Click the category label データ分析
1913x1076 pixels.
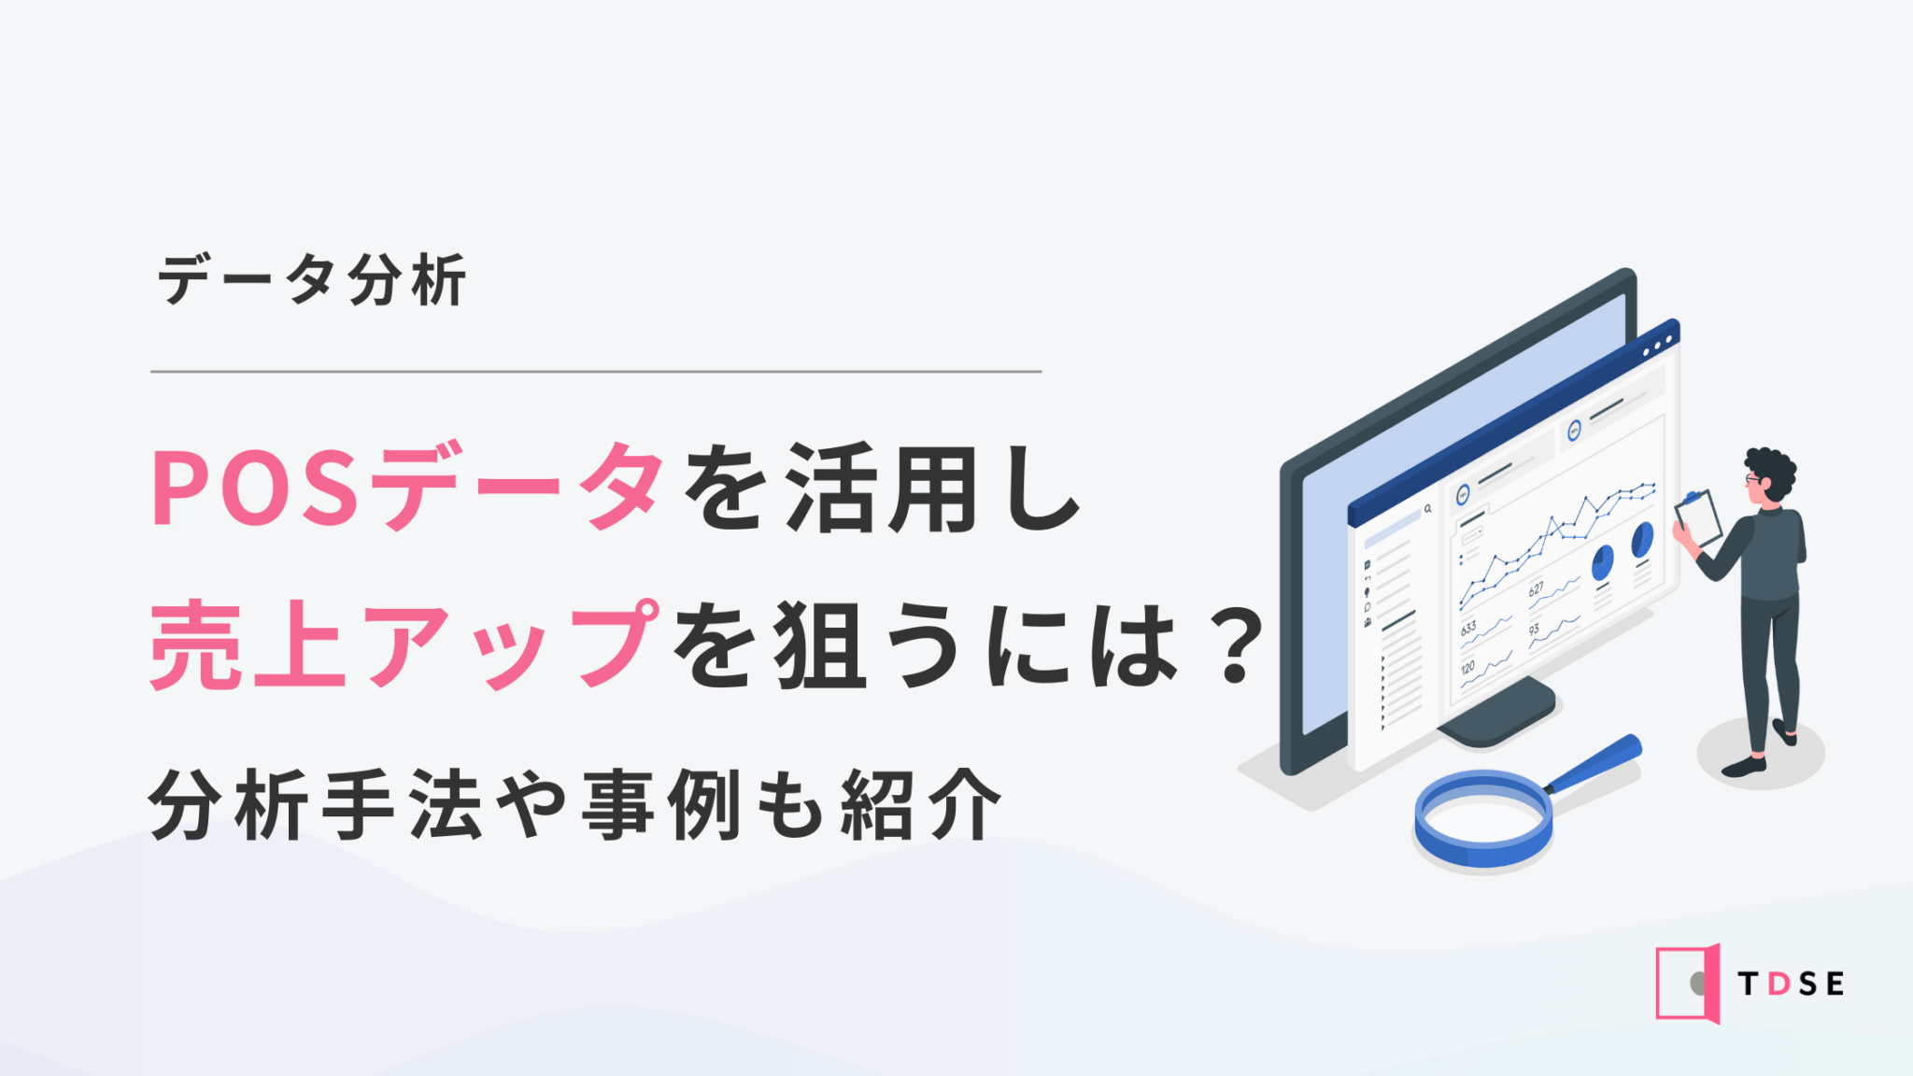312,279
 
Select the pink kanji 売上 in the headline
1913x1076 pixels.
248,644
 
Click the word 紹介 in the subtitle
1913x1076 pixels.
920,804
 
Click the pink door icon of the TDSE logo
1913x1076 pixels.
1688,984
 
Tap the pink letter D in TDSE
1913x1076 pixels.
1779,984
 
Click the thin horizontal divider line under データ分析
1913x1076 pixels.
596,371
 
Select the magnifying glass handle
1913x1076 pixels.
1593,764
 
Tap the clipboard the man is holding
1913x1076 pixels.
1699,517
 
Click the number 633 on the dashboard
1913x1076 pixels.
1468,629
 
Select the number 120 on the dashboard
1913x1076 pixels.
1467,669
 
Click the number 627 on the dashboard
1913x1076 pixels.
1536,589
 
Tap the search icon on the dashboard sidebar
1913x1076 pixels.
1427,509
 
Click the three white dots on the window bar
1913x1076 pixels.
1658,345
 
